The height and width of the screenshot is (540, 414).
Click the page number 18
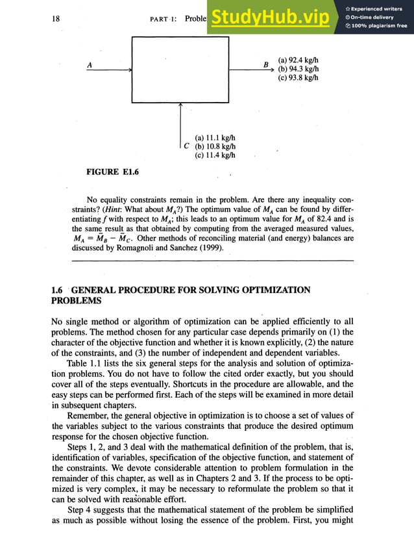[x=56, y=19]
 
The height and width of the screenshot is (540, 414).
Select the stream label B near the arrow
[x=265, y=65]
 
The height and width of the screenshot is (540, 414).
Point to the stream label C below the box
[x=187, y=146]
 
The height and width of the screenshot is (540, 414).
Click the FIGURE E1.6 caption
[x=112, y=172]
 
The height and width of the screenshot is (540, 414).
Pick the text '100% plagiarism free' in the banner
[x=380, y=26]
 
